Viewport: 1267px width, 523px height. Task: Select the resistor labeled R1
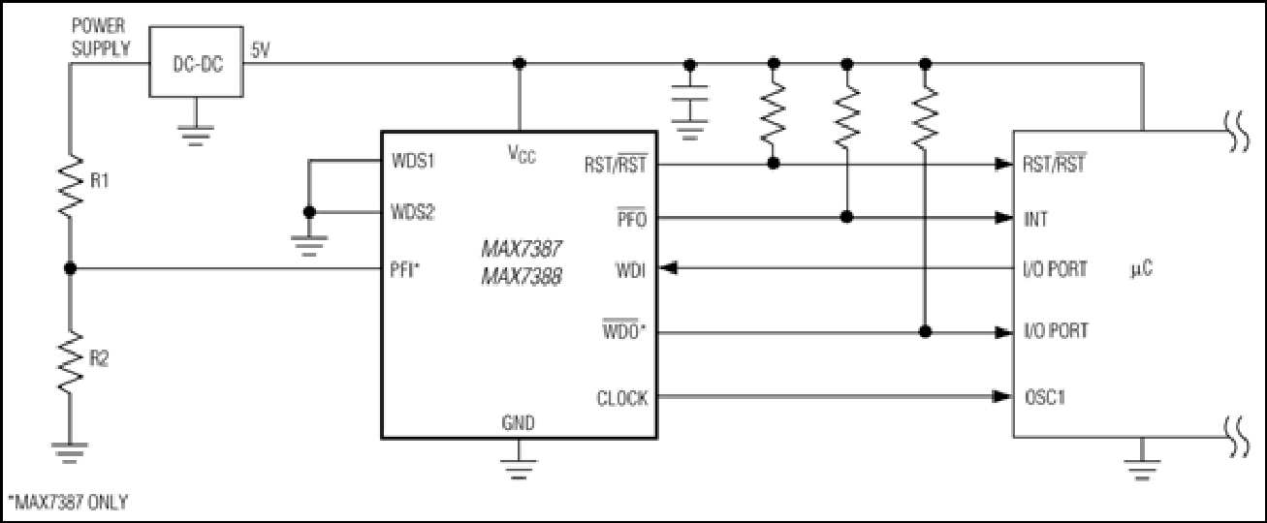tap(70, 186)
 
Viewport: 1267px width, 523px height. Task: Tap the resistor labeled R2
tap(70, 362)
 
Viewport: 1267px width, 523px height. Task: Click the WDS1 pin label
tap(413, 161)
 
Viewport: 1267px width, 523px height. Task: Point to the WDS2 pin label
tap(413, 213)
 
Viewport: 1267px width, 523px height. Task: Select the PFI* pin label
tap(405, 269)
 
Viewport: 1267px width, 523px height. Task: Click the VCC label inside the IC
tap(522, 153)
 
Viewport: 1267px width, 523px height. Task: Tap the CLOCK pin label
tap(622, 399)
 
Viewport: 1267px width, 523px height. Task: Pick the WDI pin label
tap(631, 270)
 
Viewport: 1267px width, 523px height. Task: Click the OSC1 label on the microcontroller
tap(1045, 397)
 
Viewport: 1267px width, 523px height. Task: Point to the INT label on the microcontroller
tap(1035, 219)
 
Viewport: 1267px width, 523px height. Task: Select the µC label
tap(1141, 269)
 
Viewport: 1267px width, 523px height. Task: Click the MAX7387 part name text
tap(522, 248)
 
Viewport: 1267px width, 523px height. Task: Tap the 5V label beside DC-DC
tap(260, 50)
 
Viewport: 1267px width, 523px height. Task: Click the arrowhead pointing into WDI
tap(669, 268)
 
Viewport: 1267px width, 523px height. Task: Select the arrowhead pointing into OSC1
tap(1003, 397)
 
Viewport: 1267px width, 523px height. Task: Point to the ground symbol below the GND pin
tap(519, 469)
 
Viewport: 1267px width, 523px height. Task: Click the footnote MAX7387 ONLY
tap(69, 502)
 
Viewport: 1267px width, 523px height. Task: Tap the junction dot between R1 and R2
tap(70, 268)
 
